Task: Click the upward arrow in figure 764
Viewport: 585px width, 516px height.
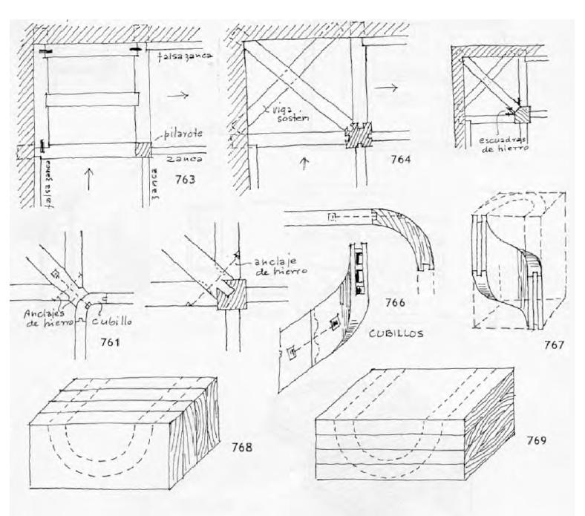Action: tap(303, 164)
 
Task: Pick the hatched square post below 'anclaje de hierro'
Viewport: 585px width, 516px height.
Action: tap(230, 297)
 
